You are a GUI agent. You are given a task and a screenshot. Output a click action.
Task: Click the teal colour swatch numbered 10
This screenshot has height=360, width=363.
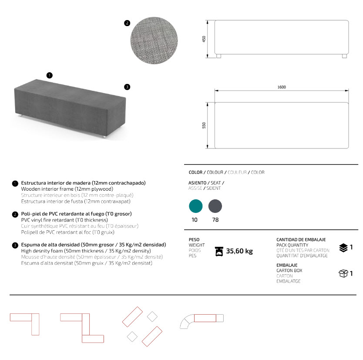click(x=196, y=206)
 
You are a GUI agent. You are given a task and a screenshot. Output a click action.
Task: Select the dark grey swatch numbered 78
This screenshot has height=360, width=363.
click(x=215, y=206)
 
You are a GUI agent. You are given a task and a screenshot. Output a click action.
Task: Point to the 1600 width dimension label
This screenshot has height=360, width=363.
click(x=281, y=87)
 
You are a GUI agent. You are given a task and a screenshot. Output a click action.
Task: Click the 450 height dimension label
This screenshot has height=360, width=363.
click(x=204, y=39)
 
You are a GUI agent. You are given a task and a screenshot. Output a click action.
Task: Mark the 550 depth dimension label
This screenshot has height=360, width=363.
click(x=204, y=125)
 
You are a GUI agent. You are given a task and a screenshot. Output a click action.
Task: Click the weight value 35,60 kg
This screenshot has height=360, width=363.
click(x=239, y=251)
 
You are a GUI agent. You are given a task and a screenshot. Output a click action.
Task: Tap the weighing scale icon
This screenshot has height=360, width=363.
click(x=220, y=251)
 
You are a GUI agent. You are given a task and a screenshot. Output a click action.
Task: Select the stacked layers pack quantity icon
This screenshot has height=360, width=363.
click(x=343, y=248)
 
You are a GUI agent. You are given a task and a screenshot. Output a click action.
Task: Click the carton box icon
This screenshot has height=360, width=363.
click(x=343, y=273)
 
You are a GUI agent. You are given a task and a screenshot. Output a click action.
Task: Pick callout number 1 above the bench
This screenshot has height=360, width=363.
click(x=50, y=75)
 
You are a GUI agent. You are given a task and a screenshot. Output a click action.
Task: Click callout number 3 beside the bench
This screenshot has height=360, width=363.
click(x=127, y=87)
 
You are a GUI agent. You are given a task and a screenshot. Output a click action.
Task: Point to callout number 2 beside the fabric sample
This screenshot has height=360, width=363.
click(x=127, y=23)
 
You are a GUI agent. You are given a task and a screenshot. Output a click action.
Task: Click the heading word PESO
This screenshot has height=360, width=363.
click(x=194, y=240)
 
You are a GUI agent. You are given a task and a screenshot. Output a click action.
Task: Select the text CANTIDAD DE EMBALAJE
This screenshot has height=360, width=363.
click(x=301, y=240)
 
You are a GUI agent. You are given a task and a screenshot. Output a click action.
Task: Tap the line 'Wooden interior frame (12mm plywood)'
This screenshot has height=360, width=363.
click(x=67, y=189)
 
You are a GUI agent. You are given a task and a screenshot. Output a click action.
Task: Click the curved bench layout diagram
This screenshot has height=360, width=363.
click(x=202, y=321)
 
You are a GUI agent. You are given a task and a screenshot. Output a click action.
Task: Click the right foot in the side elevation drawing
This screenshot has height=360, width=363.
click(x=344, y=56)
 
